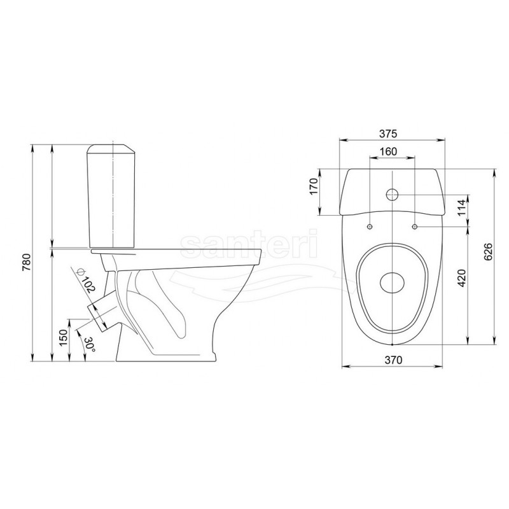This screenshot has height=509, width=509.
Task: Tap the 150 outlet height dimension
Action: (64, 337)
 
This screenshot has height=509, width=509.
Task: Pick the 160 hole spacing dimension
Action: (388, 151)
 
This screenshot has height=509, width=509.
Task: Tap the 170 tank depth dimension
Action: (314, 186)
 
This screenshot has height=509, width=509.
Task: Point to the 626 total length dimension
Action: (488, 251)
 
